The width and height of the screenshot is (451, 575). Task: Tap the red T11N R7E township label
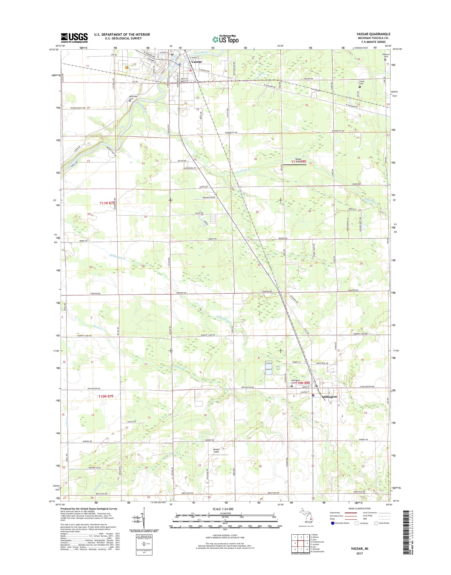[107, 203]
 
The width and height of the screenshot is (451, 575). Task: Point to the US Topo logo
[225, 39]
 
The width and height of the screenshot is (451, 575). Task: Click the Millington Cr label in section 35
[118, 258]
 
